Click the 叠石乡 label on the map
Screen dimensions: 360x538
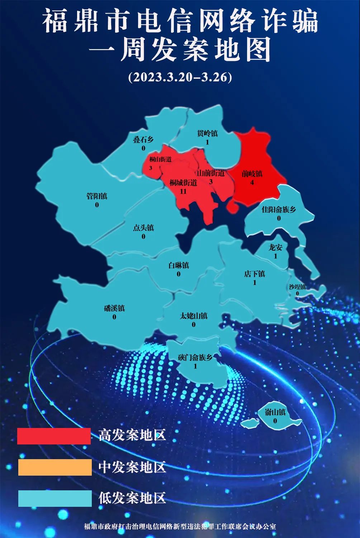click(x=143, y=140)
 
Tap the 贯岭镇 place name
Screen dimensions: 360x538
click(x=207, y=134)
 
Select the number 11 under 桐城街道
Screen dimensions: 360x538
click(x=183, y=191)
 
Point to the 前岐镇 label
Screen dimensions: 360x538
click(x=252, y=174)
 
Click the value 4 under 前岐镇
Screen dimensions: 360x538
click(x=252, y=182)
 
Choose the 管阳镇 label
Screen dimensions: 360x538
click(x=97, y=196)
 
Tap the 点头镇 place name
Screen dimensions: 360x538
click(x=143, y=228)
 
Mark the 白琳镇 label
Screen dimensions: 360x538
click(x=179, y=266)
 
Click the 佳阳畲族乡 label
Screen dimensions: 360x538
click(x=279, y=209)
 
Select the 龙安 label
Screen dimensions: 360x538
click(x=276, y=247)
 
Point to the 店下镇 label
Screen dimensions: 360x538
click(x=255, y=274)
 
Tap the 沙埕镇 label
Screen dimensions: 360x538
click(x=297, y=287)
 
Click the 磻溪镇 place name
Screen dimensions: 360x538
click(x=114, y=308)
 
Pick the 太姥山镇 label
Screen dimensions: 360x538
click(x=194, y=316)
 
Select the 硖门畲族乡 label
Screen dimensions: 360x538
click(x=195, y=357)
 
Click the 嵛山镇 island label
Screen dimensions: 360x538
click(x=275, y=412)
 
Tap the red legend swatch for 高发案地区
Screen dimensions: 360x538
click(x=54, y=436)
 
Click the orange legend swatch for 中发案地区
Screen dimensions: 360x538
click(x=55, y=467)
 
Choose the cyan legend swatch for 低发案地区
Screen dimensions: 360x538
click(x=55, y=498)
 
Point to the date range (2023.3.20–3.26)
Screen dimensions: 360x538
click(x=180, y=77)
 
